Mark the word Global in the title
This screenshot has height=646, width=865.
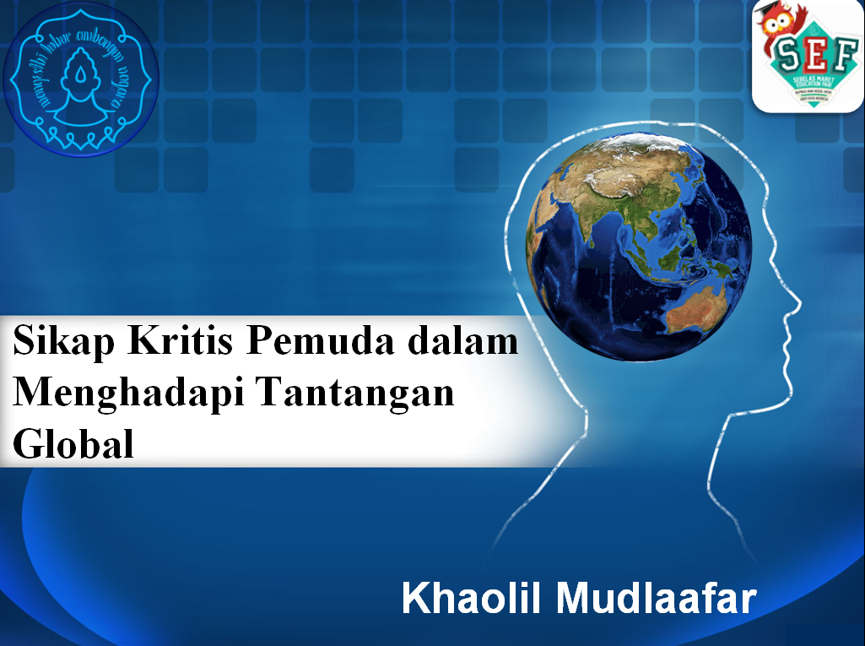tap(74, 444)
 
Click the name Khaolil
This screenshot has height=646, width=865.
tap(473, 599)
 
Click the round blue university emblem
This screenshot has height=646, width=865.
tap(81, 79)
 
